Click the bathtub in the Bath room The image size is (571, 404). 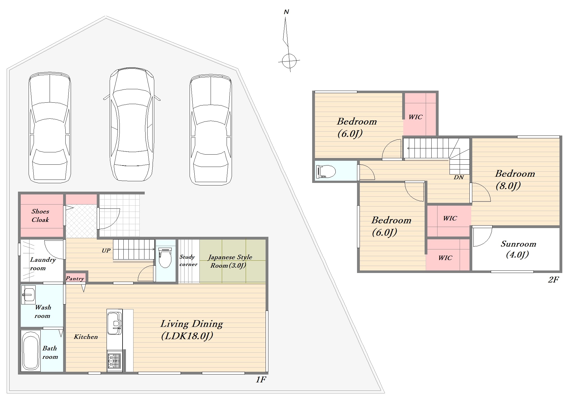pos(31,350)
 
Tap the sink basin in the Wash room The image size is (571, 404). pos(28,295)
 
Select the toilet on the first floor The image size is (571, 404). pos(165,258)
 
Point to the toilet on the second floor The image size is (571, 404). pos(326,171)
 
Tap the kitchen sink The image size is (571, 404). pos(115,322)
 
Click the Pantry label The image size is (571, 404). pos(75,279)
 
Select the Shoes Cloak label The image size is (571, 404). pos(40,215)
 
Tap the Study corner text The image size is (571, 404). pos(188,260)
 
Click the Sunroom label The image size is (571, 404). pos(518,249)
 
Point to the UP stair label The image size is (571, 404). pos(106,250)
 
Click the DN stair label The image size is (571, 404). pos(459,177)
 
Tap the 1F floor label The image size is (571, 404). pos(261,380)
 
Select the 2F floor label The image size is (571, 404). pos(554,279)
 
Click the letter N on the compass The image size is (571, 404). pos(286,12)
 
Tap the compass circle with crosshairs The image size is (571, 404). pos(289,61)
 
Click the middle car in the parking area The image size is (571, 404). pos(132,124)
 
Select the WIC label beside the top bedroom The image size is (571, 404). pos(415,117)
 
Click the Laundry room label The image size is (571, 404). pos(43,264)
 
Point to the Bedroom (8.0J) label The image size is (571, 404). pos(515,180)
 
